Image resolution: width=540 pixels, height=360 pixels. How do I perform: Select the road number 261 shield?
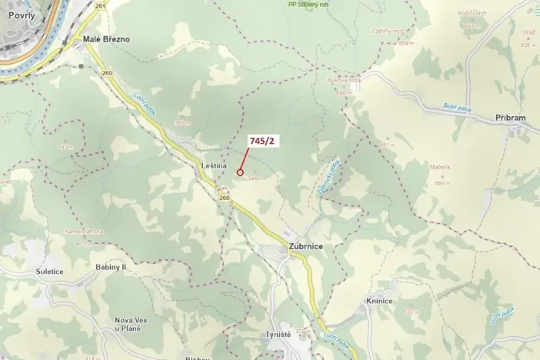pos(100,5)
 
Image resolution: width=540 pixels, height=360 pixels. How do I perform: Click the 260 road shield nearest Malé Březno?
pos(106,73)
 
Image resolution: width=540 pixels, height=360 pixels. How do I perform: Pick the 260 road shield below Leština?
pos(224,198)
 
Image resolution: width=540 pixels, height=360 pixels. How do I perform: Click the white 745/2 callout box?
pos(261,141)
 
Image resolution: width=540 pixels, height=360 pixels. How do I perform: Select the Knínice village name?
pos(379,301)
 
